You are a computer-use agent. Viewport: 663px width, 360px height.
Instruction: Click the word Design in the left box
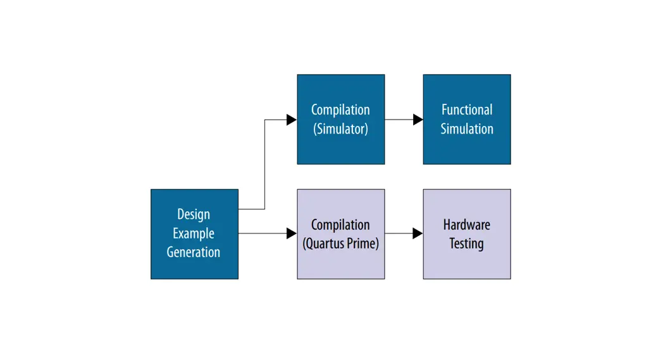click(x=194, y=214)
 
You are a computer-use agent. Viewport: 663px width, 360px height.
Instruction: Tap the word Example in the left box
click(x=194, y=233)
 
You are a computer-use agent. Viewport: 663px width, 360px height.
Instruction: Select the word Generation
click(x=194, y=252)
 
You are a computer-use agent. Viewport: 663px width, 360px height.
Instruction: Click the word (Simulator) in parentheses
click(x=340, y=129)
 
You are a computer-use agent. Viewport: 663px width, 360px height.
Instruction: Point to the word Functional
click(x=467, y=109)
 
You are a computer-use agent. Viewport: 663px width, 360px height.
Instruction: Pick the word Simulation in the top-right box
click(x=467, y=129)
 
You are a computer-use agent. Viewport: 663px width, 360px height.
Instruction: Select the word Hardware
click(x=467, y=225)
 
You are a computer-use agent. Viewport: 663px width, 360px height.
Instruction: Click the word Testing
click(x=467, y=244)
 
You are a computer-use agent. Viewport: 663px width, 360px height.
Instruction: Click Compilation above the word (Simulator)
click(x=340, y=109)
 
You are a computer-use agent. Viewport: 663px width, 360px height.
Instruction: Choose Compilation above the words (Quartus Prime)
click(x=340, y=225)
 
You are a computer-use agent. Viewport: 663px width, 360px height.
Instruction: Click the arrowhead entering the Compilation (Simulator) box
click(x=292, y=120)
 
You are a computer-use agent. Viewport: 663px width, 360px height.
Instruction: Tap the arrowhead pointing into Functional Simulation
click(x=418, y=120)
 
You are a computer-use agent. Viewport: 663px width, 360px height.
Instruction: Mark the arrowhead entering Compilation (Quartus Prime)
click(x=292, y=233)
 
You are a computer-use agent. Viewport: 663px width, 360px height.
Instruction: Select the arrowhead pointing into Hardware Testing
click(x=418, y=233)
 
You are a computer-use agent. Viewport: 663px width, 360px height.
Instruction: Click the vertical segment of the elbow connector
click(x=264, y=164)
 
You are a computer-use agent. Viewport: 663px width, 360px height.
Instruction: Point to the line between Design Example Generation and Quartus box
click(x=263, y=233)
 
